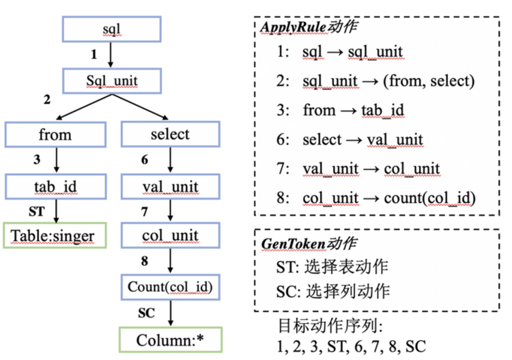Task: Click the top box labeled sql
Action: tap(112, 29)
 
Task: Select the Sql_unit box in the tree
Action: tap(112, 81)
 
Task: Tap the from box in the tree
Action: tap(55, 135)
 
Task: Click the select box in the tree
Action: tap(171, 135)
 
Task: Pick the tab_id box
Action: tap(55, 186)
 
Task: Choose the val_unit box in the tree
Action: tap(171, 186)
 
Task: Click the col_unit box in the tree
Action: tap(171, 235)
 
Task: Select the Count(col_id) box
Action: tap(171, 287)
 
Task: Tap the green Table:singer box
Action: tap(55, 235)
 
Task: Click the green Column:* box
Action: tap(171, 340)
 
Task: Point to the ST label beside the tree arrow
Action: tap(36, 211)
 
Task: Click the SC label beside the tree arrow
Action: tap(146, 313)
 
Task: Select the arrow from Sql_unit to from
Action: tap(84, 107)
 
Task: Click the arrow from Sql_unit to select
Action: tap(141, 107)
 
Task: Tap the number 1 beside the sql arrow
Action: tap(94, 54)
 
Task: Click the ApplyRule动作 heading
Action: tap(309, 27)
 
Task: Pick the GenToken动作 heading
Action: tap(309, 243)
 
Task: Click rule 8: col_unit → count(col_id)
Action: tap(376, 198)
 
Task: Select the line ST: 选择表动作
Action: tap(332, 267)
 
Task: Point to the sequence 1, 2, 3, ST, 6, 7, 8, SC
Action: tap(352, 346)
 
